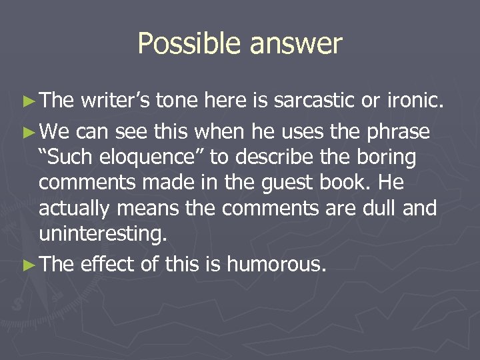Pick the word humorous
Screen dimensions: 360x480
(276, 265)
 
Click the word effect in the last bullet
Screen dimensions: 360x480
(108, 265)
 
